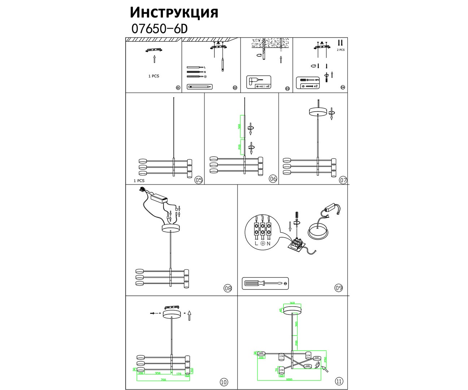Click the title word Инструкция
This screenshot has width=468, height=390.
tap(174, 12)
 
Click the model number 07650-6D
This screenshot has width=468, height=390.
tap(159, 29)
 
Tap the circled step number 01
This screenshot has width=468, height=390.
tap(178, 88)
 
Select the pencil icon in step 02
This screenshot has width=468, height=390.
tap(199, 87)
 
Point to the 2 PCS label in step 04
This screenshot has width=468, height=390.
tap(340, 50)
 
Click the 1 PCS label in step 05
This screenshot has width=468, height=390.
tap(139, 181)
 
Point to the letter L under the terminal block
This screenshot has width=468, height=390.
tap(256, 243)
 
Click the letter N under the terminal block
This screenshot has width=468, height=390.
tap(269, 243)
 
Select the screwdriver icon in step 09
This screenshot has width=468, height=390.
tap(265, 283)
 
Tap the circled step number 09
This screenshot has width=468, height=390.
tap(338, 288)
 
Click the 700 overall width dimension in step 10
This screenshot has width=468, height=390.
tap(163, 380)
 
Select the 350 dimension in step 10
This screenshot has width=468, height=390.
tap(157, 373)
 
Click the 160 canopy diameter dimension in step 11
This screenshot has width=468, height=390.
tap(292, 303)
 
